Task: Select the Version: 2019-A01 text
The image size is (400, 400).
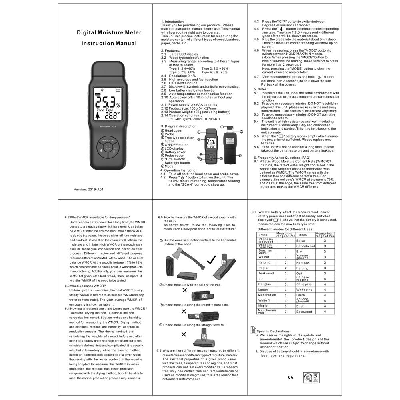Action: click(x=89, y=189)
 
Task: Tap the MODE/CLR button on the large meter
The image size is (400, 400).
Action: click(x=108, y=141)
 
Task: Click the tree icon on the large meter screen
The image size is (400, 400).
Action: click(x=98, y=116)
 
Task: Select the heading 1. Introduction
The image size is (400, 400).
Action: click(x=172, y=22)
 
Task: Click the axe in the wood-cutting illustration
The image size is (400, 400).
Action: click(x=188, y=261)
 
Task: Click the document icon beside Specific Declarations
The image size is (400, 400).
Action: click(x=253, y=330)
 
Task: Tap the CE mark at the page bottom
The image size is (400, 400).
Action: click(x=290, y=377)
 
